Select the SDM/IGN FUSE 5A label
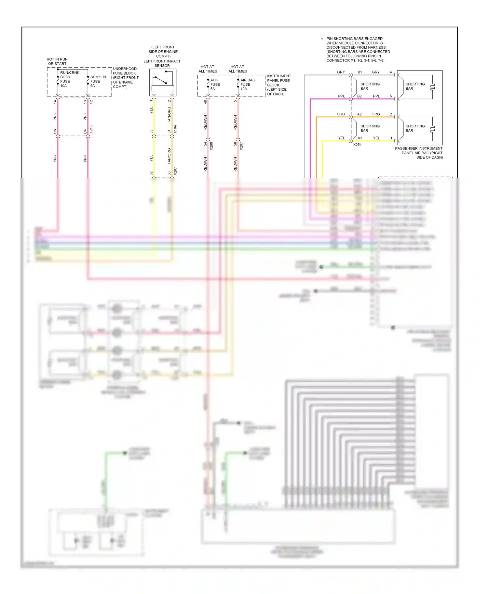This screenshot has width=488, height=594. pyautogui.click(x=98, y=81)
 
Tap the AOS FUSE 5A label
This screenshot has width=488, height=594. pyautogui.click(x=215, y=84)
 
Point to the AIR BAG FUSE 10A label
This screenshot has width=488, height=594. pyautogui.click(x=247, y=84)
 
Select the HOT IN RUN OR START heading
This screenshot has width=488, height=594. pyautogui.click(x=57, y=61)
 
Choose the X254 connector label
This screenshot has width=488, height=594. pyautogui.click(x=357, y=145)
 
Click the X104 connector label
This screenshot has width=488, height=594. pyautogui.click(x=175, y=129)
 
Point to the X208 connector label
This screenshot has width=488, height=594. pyautogui.click(x=211, y=146)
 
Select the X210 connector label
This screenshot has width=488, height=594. pyautogui.click(x=91, y=130)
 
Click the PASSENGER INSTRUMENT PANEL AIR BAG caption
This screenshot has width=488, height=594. pyautogui.click(x=419, y=153)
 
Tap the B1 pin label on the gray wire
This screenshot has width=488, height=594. pyautogui.click(x=359, y=72)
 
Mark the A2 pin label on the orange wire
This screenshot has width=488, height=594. pyautogui.click(x=359, y=114)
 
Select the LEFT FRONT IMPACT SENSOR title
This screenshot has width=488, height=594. pyautogui.click(x=162, y=63)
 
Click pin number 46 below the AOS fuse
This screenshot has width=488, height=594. pyautogui.click(x=205, y=102)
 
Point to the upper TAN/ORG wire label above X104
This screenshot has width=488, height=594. pyautogui.click(x=169, y=115)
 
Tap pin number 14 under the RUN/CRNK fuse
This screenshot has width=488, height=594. pyautogui.click(x=55, y=102)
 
